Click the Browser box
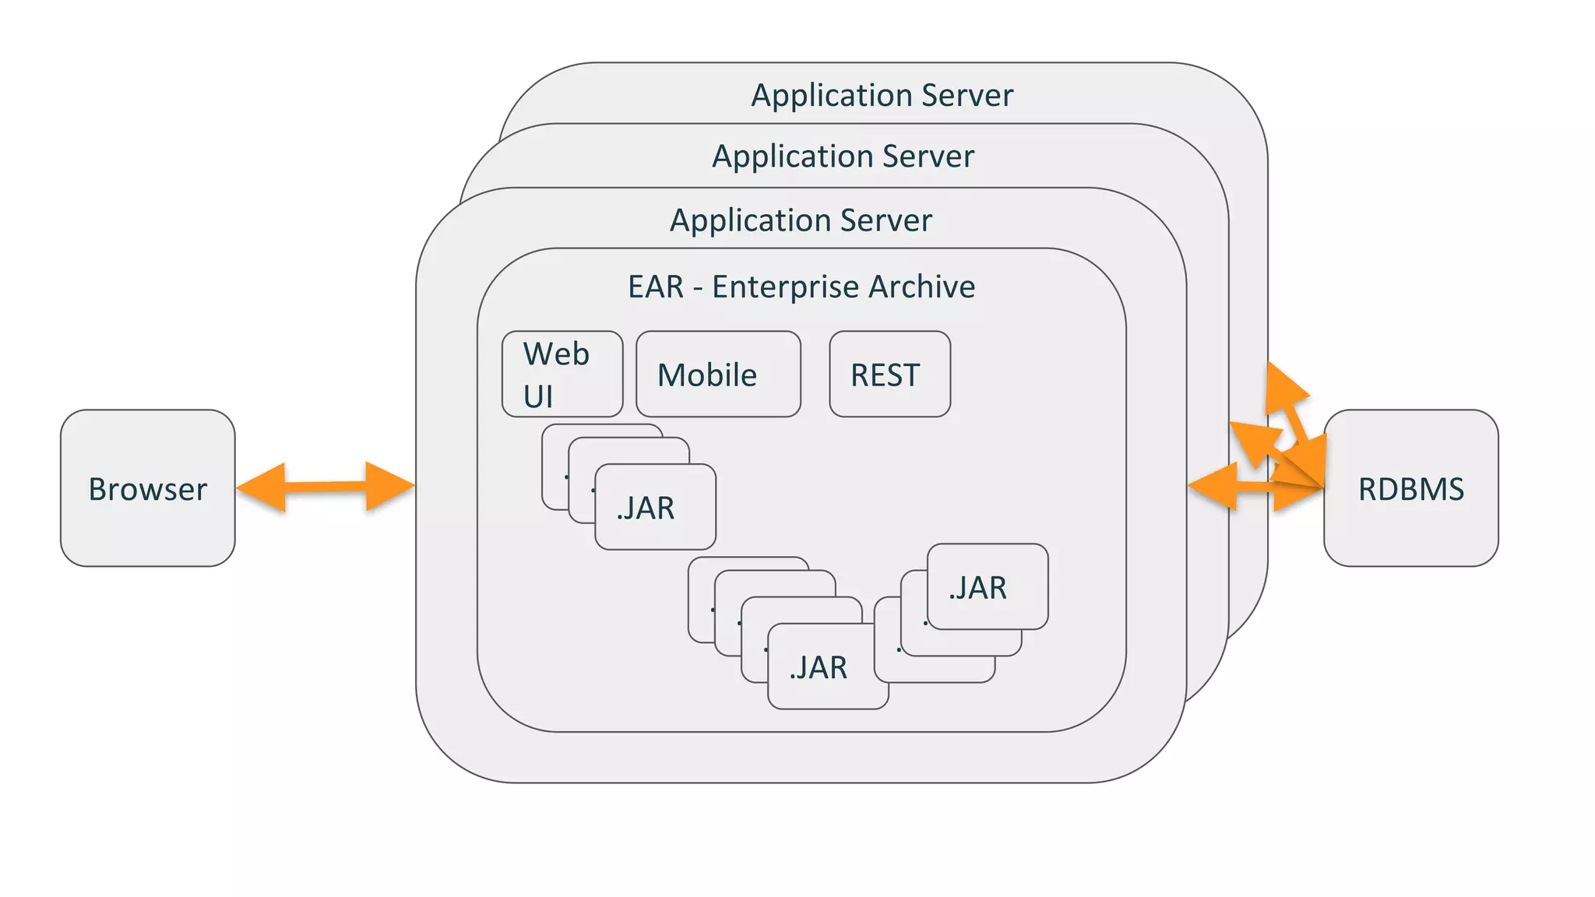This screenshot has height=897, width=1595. pos(147,488)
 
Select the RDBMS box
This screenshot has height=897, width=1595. pos(1410,488)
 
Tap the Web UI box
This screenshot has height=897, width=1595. pos(562,374)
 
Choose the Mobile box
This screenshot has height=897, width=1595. pos(717,375)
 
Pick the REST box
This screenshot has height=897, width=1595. pos(889,375)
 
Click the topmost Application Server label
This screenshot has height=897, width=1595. pos(882,95)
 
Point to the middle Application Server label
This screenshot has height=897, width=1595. pos(843,157)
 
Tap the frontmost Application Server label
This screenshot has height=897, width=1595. pos(801,220)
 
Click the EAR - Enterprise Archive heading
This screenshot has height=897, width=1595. pos(801,287)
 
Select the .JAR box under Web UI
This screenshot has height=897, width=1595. pos(654,508)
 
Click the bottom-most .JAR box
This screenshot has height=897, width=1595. pos(827,667)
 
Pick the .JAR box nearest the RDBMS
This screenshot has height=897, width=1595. pos(987,587)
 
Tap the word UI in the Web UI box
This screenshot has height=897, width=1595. pos(537,397)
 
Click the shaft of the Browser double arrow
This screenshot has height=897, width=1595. pos(326,487)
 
